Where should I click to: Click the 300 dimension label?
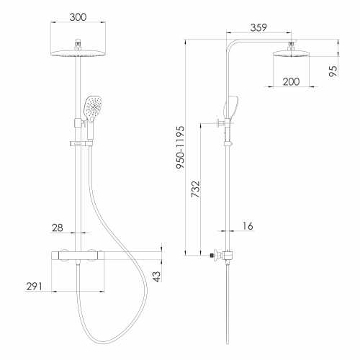(x=78, y=17)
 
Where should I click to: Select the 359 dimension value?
(x=258, y=27)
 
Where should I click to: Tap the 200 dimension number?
(x=291, y=82)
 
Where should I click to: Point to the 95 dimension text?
(x=333, y=71)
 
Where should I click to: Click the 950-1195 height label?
(x=181, y=147)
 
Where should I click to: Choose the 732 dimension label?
(x=195, y=189)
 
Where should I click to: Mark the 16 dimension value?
(x=248, y=226)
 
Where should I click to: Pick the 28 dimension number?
(x=58, y=228)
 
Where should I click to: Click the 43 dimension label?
(x=156, y=276)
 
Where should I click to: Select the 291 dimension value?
(x=34, y=287)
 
